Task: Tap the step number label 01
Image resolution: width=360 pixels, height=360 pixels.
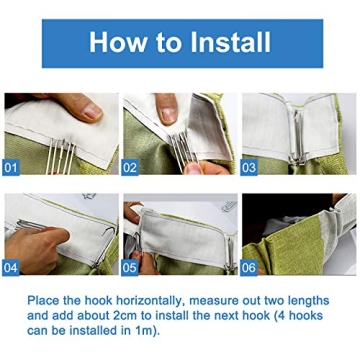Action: [13, 167]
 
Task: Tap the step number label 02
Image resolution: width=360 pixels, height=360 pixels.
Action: [130, 167]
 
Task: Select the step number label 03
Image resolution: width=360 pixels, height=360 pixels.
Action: [249, 167]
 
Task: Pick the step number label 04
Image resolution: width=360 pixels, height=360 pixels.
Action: [13, 267]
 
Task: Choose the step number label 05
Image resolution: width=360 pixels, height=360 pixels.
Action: [130, 267]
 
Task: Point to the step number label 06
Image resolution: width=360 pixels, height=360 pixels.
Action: [249, 267]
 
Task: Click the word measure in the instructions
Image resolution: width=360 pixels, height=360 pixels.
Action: [232, 297]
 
